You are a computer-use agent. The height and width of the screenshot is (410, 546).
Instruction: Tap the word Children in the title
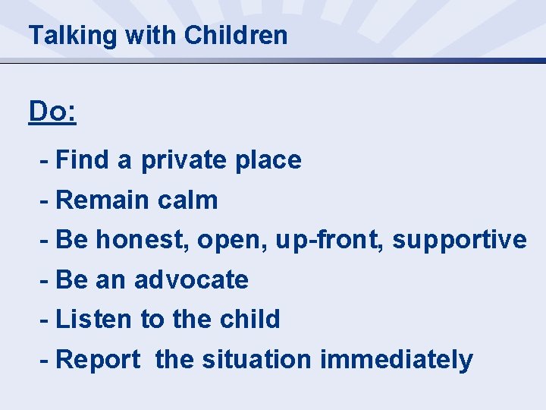(236, 35)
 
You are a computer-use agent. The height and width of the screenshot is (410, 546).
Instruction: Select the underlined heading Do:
(52, 112)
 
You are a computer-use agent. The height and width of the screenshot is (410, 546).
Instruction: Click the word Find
(83, 160)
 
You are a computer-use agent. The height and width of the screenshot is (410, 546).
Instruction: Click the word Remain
(103, 200)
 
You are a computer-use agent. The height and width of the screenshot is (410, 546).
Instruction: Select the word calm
(188, 200)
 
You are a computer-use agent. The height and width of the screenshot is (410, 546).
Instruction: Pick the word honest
(143, 240)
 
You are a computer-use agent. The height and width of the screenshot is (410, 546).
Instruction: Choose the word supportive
(460, 240)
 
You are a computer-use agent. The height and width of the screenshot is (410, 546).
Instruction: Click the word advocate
(191, 279)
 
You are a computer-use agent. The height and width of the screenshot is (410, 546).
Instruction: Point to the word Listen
(94, 319)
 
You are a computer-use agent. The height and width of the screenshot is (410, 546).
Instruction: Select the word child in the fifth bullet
(249, 319)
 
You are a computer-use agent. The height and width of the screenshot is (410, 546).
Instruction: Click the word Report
(99, 360)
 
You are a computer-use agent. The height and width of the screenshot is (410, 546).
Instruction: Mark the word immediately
(397, 360)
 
